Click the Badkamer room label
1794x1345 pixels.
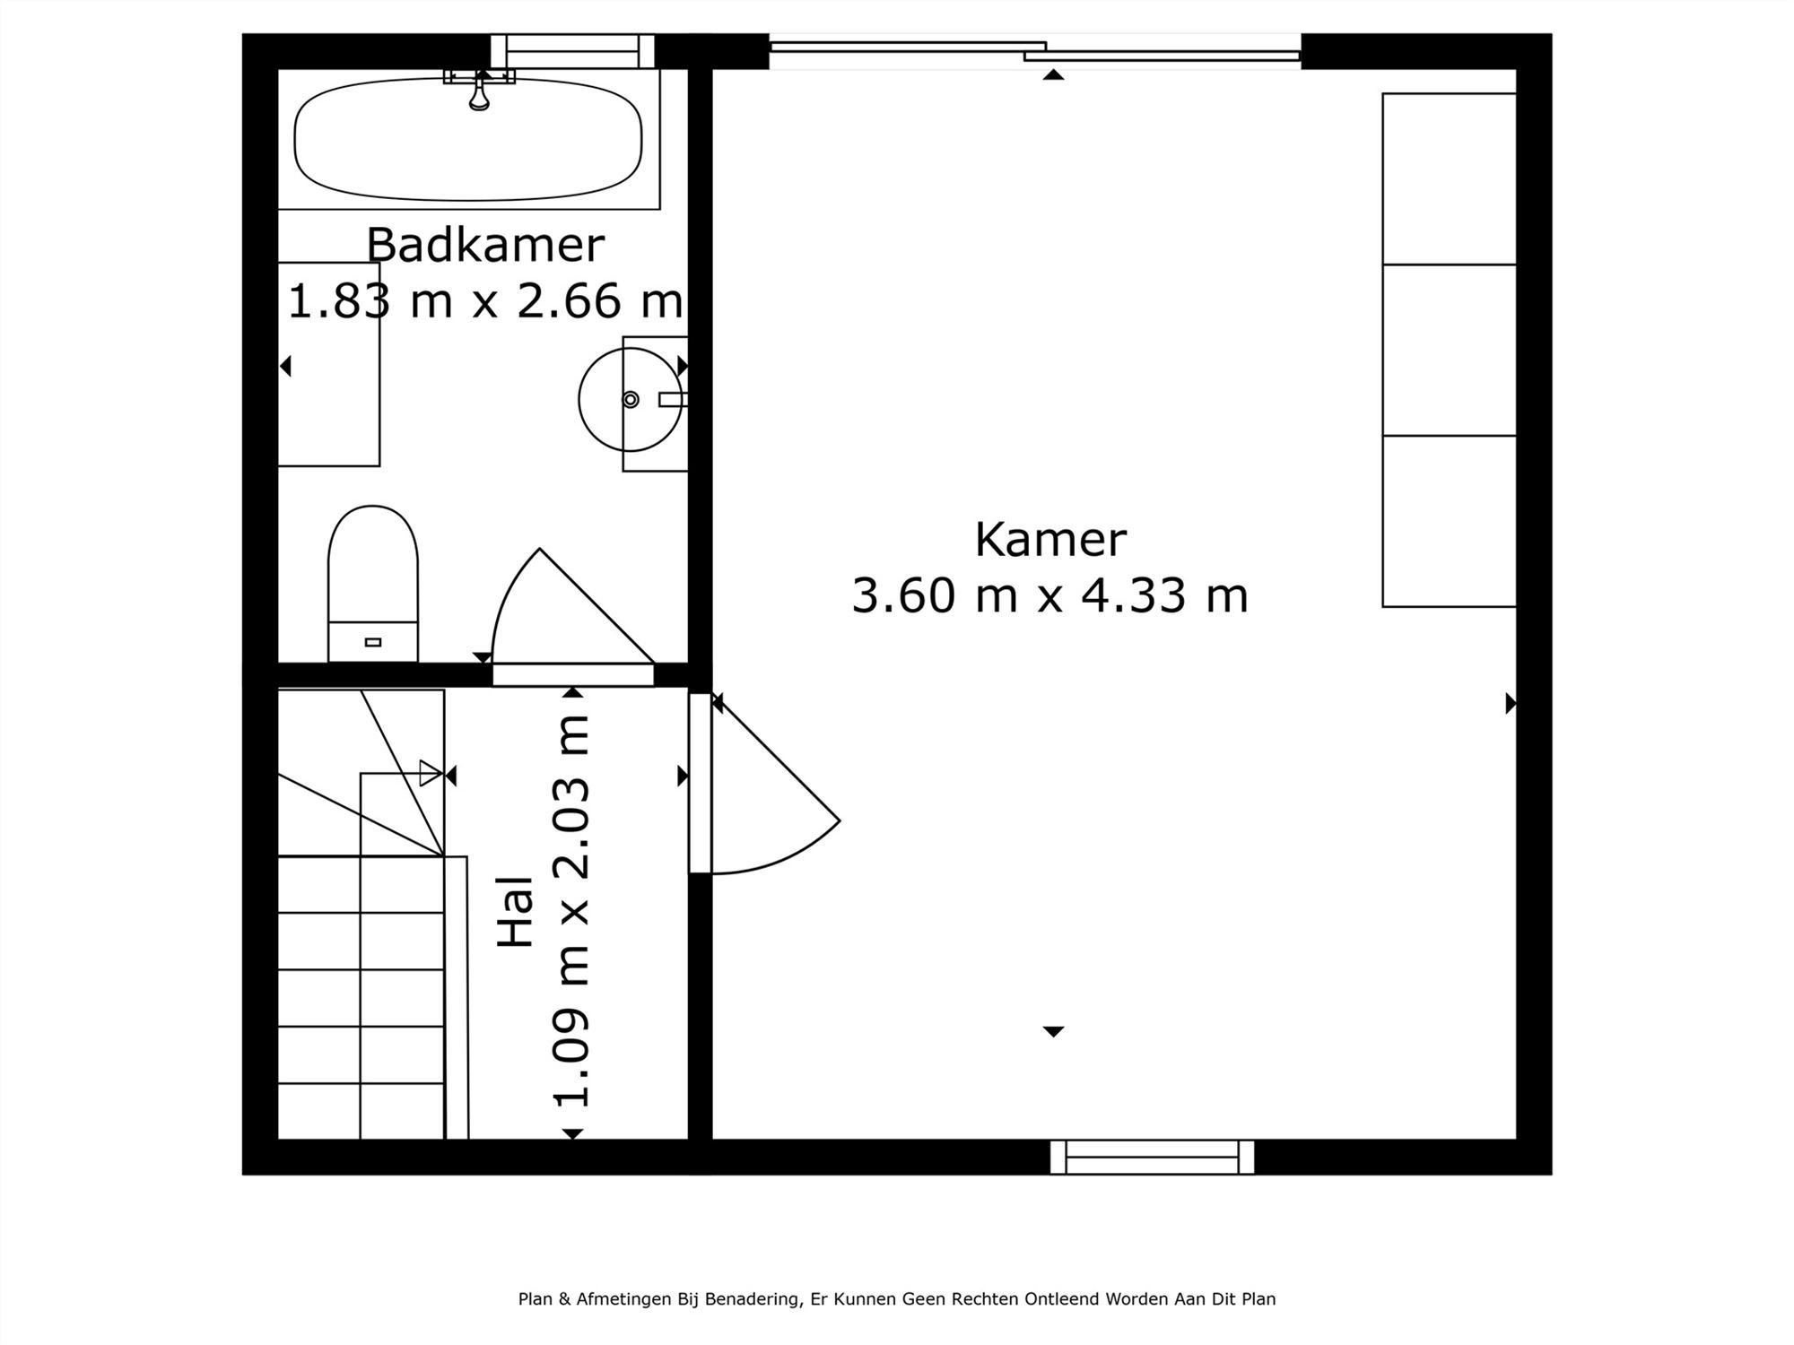pyautogui.click(x=485, y=246)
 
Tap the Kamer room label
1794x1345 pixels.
pyautogui.click(x=1049, y=540)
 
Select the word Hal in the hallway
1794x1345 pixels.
pyautogui.click(x=517, y=911)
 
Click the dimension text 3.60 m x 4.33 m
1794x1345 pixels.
pyautogui.click(x=1049, y=596)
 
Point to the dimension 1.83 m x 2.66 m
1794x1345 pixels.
pyautogui.click(x=485, y=300)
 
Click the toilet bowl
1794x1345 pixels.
pyautogui.click(x=373, y=565)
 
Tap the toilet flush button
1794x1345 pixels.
pyautogui.click(x=373, y=642)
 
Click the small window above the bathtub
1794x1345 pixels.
pyautogui.click(x=572, y=51)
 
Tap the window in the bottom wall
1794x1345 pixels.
pyautogui.click(x=1152, y=1157)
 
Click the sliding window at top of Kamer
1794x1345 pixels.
pyautogui.click(x=1035, y=50)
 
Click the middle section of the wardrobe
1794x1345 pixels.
pyautogui.click(x=1449, y=350)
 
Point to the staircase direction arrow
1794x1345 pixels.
pyautogui.click(x=431, y=773)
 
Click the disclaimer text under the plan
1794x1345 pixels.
pyautogui.click(x=897, y=1298)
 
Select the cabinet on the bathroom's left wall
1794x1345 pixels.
pyautogui.click(x=328, y=364)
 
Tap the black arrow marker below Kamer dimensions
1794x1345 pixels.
pyautogui.click(x=1053, y=1032)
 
